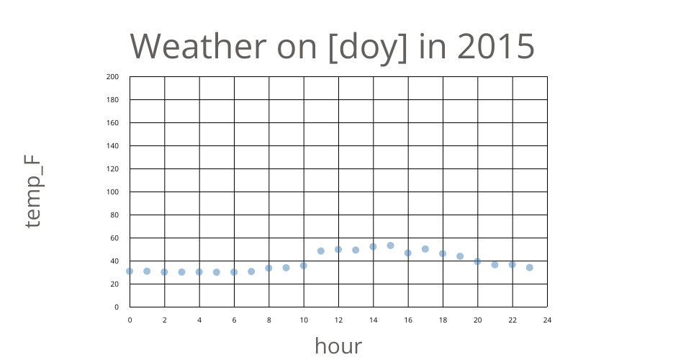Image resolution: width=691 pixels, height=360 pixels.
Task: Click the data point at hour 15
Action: click(x=390, y=246)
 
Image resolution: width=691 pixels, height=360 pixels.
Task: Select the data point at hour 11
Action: click(x=321, y=251)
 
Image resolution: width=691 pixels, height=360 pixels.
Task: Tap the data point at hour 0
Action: click(x=130, y=271)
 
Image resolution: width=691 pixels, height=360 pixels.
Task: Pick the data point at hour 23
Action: click(x=530, y=267)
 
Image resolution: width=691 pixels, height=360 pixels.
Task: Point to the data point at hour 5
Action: click(x=217, y=272)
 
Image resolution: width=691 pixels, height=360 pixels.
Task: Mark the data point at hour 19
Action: click(x=460, y=256)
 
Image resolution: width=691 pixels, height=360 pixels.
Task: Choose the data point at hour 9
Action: click(x=286, y=267)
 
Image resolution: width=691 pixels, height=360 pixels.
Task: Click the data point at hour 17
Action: click(x=425, y=249)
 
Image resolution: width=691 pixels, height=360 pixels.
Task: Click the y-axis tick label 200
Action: click(x=112, y=76)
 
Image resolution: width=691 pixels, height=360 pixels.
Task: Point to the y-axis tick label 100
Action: click(x=112, y=192)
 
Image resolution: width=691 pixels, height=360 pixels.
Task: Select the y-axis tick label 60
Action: click(x=114, y=238)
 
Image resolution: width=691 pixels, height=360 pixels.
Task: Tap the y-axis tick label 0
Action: click(x=117, y=307)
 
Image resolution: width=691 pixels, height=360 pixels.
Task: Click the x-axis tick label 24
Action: click(x=547, y=320)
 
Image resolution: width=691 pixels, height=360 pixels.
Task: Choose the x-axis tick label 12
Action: click(x=338, y=320)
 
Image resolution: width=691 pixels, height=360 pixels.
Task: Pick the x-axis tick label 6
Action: click(x=234, y=320)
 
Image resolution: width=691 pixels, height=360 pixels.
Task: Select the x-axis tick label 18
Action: click(x=443, y=320)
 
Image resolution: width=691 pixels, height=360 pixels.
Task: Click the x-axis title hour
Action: click(x=338, y=346)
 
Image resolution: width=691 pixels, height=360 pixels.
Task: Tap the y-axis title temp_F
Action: click(x=34, y=192)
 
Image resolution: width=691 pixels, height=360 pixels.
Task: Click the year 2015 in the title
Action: click(x=496, y=46)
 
